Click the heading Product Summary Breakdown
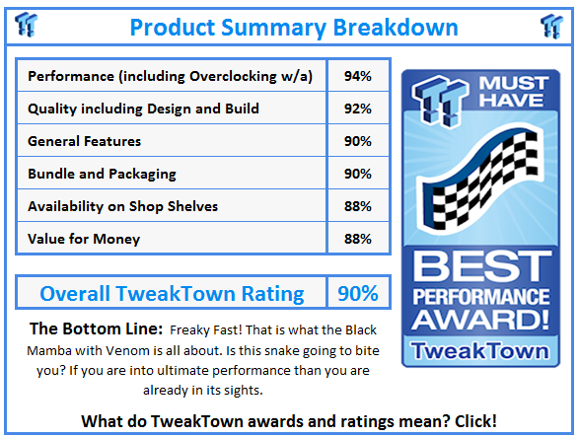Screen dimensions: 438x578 [295, 26]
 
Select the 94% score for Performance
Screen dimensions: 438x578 [358, 76]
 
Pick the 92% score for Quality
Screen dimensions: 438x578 [358, 109]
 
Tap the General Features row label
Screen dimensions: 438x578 [85, 141]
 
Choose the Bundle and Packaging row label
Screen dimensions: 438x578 [103, 174]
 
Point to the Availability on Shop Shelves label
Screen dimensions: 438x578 [123, 206]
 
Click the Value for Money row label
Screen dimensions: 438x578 [84, 239]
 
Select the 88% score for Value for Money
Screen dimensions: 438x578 [358, 239]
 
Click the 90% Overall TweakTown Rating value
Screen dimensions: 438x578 [358, 293]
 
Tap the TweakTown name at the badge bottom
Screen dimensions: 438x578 [482, 351]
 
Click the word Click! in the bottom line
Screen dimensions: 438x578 [472, 420]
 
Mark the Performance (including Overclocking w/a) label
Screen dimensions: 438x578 [172, 76]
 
